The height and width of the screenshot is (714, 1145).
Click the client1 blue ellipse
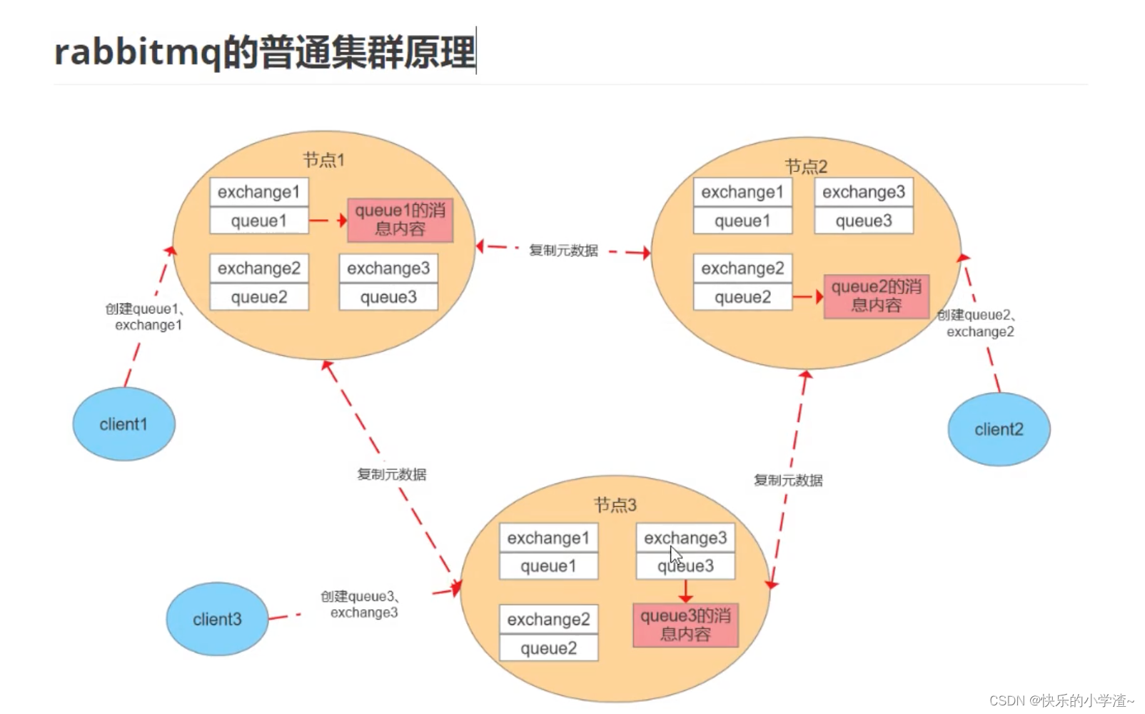123,424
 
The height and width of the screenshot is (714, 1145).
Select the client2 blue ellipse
999,429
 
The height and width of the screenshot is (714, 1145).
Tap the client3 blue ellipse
217,619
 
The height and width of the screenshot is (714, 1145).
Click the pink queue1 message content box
400,220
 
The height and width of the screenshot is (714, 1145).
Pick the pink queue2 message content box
876,296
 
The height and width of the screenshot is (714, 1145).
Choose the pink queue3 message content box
685,625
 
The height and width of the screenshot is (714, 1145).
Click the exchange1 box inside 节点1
258,192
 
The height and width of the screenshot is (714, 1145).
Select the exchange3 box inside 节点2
863,192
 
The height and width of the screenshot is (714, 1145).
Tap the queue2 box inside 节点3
548,648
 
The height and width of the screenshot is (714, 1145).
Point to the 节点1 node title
323,160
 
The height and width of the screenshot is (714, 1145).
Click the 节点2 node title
806,166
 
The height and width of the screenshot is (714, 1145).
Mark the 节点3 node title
615,506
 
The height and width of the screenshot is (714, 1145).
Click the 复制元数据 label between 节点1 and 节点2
563,251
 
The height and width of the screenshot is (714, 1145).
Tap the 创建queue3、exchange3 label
361,604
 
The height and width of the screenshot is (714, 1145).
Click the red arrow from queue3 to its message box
685,591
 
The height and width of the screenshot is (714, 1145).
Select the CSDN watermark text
1061,700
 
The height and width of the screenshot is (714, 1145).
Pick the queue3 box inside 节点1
388,297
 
